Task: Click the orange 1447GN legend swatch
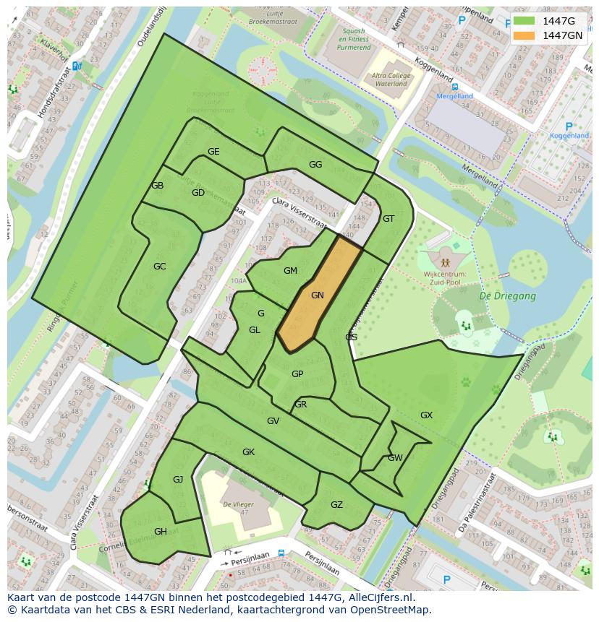524,35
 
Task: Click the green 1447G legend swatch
524,21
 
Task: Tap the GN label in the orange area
317,295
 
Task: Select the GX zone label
426,415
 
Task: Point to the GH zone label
160,532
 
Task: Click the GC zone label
159,267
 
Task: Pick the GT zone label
388,219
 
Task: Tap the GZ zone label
336,505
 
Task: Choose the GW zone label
395,458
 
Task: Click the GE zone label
213,152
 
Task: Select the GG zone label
315,165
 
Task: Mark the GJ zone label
178,480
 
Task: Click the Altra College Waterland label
390,79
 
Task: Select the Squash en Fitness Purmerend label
347,40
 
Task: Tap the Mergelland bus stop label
454,96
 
